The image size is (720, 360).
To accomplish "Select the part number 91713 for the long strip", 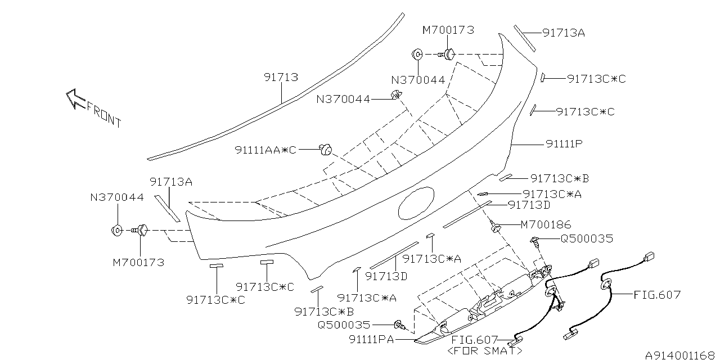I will pos(281,77).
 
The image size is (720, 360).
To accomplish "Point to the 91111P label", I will pos(564,144).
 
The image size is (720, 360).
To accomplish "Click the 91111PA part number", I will pos(371,340).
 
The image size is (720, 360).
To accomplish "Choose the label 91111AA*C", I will pos(265,150).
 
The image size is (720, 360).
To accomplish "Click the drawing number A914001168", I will pos(679,355).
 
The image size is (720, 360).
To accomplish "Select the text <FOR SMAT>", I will pos(483,351).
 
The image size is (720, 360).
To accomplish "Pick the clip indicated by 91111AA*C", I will pos(325,150).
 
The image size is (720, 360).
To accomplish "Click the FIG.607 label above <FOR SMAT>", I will pos(475,340).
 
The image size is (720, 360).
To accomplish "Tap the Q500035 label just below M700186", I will pos(587,238).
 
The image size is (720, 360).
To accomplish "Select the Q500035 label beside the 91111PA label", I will pos(344,325).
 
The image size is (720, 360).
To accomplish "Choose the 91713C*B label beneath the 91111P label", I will pos(560,178).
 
